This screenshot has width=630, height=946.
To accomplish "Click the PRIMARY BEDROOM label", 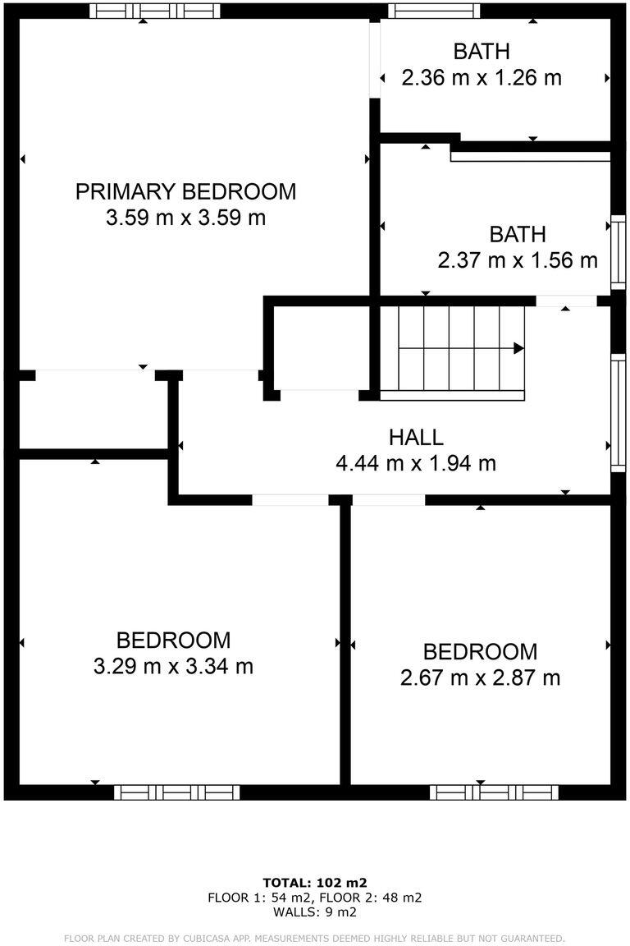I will (x=185, y=192).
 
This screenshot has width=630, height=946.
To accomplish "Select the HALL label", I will (x=416, y=437).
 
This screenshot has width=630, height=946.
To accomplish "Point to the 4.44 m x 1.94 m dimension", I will (x=416, y=463).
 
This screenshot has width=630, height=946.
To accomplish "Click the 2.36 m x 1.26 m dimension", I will (x=482, y=78).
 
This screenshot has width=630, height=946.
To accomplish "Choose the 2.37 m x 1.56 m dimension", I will (x=518, y=261).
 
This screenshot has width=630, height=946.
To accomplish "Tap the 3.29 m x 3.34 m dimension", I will (x=173, y=666).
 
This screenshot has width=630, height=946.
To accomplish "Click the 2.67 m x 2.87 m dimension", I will (x=480, y=678).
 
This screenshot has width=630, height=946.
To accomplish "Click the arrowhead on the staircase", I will (x=518, y=348).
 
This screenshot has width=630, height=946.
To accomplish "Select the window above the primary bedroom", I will (x=154, y=11).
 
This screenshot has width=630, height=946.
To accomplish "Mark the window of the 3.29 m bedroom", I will (x=176, y=792).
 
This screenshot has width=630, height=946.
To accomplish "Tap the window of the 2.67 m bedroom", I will (x=494, y=792).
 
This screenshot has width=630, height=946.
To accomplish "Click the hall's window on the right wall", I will (x=619, y=413).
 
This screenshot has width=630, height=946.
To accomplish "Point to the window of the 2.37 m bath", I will (x=619, y=253).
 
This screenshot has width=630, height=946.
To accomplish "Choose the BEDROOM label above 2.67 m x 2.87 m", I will (x=480, y=652).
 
